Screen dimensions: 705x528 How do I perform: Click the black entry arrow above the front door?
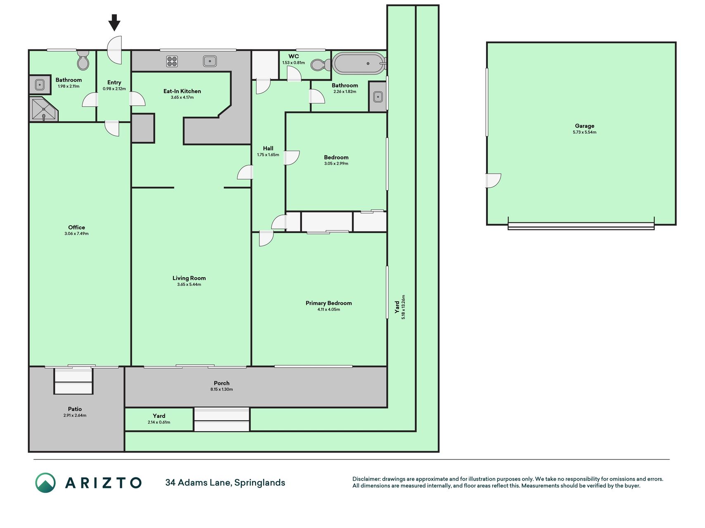pyautogui.click(x=114, y=23)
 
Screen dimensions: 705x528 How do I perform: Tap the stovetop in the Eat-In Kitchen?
pyautogui.click(x=172, y=61)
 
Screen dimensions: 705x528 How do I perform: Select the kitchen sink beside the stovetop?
pyautogui.click(x=210, y=61)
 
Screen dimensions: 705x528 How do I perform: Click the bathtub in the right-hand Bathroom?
pyautogui.click(x=358, y=64)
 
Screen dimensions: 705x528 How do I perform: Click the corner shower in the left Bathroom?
pyautogui.click(x=43, y=109)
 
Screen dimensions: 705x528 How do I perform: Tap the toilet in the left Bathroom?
pyautogui.click(x=83, y=61)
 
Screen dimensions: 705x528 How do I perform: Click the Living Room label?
pyautogui.click(x=189, y=278)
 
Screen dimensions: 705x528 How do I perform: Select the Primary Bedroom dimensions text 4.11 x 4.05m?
pyautogui.click(x=329, y=309)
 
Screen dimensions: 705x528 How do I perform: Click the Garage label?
pyautogui.click(x=584, y=126)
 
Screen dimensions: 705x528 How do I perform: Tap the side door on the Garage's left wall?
pyautogui.click(x=493, y=181)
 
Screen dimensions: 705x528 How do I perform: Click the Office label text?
pyautogui.click(x=76, y=227)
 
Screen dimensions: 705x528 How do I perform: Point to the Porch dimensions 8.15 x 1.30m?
pyautogui.click(x=222, y=389)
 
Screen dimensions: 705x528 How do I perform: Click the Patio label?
pyautogui.click(x=75, y=409)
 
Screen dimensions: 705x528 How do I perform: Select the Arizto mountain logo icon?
pyautogui.click(x=45, y=483)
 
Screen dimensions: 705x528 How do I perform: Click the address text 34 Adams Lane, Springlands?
pyautogui.click(x=225, y=483)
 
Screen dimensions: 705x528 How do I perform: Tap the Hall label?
pyautogui.click(x=268, y=148)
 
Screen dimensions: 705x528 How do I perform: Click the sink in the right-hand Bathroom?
pyautogui.click(x=378, y=97)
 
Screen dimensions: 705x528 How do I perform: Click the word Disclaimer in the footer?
pyautogui.click(x=366, y=479)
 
